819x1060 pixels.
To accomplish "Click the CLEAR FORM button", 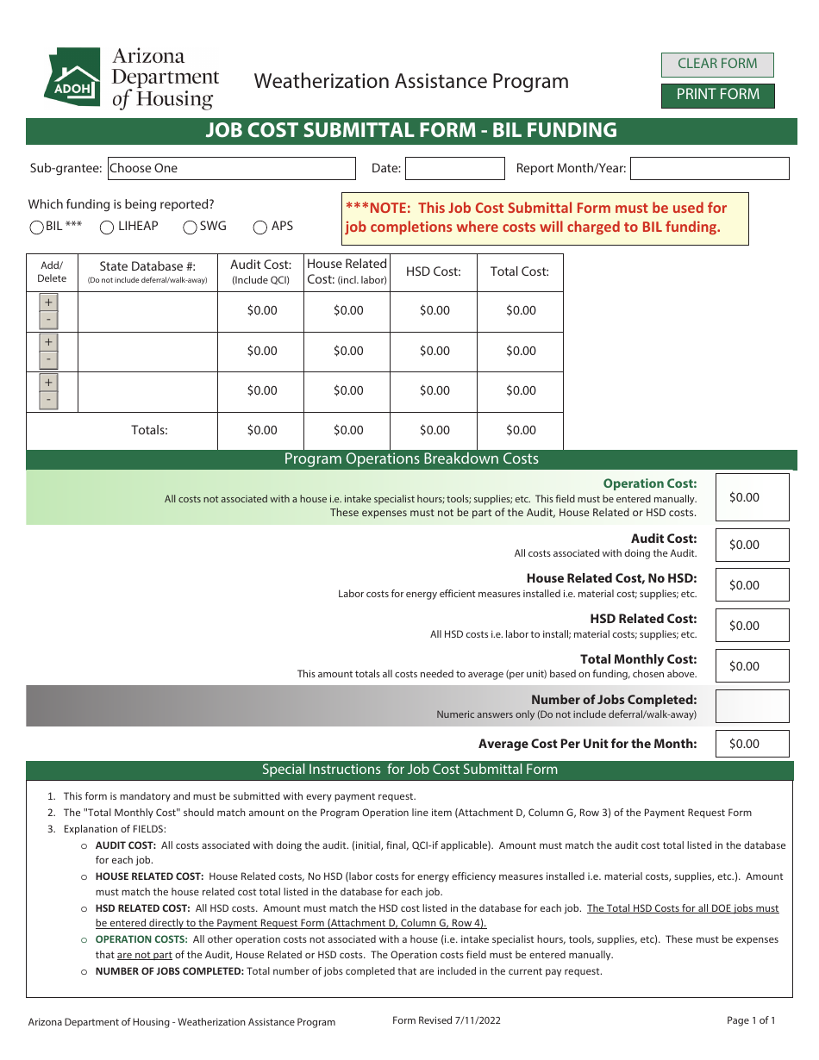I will pos(717,64).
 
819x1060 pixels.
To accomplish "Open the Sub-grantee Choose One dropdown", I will pos(231,168).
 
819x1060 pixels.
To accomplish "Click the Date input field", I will pos(454,168).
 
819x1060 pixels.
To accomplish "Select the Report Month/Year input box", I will pos(710,168).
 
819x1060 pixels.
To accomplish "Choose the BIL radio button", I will pos(37,228).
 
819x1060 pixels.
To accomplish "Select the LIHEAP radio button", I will pos(107,228).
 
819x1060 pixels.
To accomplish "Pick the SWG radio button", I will pos(190,228).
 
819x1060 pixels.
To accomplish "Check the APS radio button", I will pos(260,228).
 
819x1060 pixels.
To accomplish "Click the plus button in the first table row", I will pos(49,302).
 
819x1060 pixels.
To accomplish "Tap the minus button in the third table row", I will pos(49,400).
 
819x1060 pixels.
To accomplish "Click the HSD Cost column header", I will pos(434,271).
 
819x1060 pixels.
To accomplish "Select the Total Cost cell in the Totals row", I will pos(520,430).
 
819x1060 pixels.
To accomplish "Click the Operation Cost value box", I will pos(752,497).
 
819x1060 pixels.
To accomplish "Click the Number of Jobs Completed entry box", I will pos(752,706).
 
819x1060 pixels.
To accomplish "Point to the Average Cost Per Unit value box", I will pos(752,744).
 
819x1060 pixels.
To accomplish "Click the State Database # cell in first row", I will pos(147,311).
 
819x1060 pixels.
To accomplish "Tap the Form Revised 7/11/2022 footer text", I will pos(446,1020).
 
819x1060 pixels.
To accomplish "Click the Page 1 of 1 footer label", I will pos(751,1020).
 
